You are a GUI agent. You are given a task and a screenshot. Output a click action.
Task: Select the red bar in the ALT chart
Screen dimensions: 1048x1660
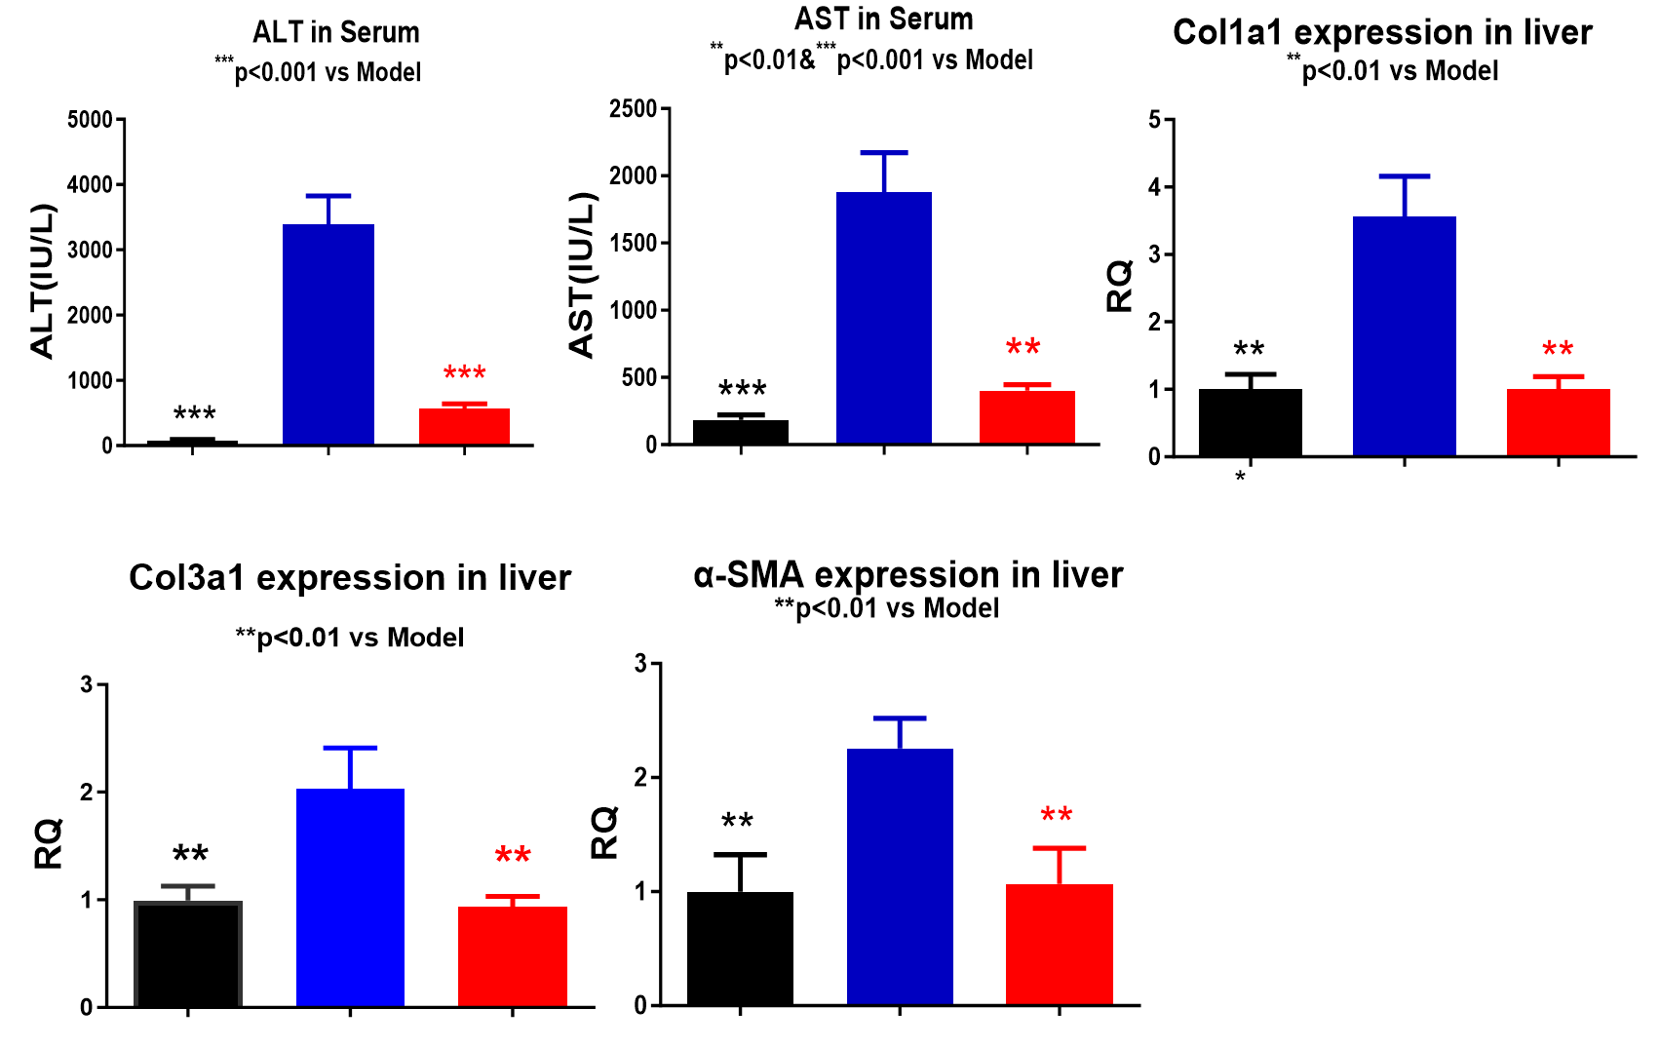pos(464,426)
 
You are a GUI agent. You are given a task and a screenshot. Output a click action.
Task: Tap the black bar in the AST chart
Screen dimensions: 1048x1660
pos(741,432)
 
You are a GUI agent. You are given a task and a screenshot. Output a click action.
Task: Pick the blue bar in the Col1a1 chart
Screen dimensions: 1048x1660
pos(1405,336)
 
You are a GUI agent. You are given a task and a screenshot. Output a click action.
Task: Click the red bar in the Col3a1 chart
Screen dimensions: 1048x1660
pos(513,956)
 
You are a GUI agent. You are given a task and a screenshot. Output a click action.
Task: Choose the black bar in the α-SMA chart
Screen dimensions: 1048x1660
pos(740,948)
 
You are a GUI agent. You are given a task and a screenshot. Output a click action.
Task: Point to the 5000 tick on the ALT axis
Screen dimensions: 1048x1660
pos(91,120)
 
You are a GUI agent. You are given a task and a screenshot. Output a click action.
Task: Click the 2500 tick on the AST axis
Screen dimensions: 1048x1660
pos(634,108)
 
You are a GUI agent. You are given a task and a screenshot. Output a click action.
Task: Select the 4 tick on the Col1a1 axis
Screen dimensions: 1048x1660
pos(1155,187)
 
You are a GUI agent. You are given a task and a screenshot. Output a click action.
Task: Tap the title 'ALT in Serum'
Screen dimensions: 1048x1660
pos(336,32)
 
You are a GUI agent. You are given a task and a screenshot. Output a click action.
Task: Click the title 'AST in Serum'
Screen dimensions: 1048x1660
pos(883,19)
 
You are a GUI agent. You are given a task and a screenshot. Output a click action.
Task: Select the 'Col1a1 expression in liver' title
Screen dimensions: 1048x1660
pos(1382,32)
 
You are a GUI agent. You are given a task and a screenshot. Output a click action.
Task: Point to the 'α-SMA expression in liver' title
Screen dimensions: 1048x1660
pos(907,575)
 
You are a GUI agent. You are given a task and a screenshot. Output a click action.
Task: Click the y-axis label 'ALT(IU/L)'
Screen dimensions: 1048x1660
pos(43,281)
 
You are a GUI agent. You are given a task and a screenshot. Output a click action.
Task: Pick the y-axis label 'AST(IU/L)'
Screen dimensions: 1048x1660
pos(582,275)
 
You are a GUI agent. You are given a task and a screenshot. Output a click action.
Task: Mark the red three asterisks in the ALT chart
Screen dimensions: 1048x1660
pos(464,373)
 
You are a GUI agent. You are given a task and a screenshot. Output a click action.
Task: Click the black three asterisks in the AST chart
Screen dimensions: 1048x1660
pos(742,390)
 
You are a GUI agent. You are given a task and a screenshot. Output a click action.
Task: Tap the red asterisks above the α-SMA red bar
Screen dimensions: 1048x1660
pos(1057,815)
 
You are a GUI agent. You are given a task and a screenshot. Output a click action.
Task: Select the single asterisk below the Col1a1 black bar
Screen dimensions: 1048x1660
pos(1240,477)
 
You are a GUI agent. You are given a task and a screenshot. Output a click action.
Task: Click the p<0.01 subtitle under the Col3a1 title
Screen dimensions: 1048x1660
pos(350,638)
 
